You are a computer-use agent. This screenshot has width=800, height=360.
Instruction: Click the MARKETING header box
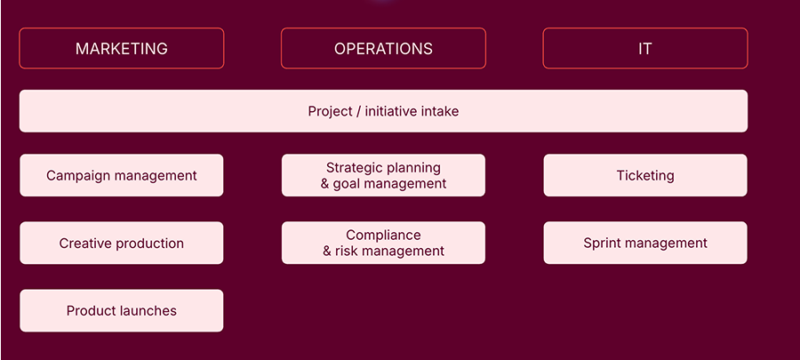(122, 48)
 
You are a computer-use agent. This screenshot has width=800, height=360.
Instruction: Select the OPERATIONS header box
(383, 48)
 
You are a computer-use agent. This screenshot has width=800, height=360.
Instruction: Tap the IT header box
(645, 48)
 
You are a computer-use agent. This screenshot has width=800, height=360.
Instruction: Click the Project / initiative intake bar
(383, 111)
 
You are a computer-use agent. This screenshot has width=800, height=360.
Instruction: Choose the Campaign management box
(122, 175)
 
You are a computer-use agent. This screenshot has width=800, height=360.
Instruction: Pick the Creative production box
(122, 243)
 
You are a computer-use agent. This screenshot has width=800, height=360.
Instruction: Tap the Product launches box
(122, 310)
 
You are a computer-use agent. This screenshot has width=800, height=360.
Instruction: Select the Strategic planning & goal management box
(383, 175)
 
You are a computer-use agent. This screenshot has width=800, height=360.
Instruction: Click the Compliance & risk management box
(383, 243)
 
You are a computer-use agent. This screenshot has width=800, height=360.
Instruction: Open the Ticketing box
(645, 175)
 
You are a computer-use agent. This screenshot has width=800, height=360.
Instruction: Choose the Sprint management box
(645, 243)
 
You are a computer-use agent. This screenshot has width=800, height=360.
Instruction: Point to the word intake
(440, 111)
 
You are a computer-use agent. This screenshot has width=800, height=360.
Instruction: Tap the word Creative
(81, 244)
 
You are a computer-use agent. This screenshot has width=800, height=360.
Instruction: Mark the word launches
(153, 310)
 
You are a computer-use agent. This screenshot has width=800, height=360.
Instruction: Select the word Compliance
(383, 236)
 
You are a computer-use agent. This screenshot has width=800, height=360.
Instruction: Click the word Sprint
(598, 244)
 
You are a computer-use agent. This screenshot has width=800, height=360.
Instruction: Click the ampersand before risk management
(327, 252)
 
